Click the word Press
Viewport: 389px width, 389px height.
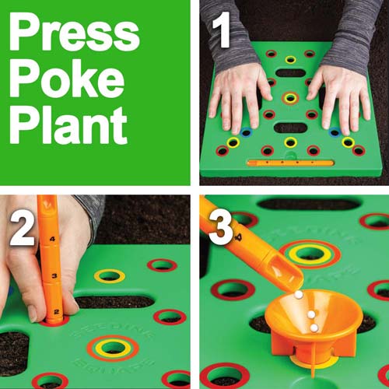click(75, 32)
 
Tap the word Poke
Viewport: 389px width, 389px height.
click(67, 79)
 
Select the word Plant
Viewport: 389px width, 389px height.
click(68, 124)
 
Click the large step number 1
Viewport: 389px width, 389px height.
click(221, 30)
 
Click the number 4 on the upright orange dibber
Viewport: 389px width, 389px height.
click(53, 239)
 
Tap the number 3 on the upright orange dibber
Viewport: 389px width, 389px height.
click(54, 275)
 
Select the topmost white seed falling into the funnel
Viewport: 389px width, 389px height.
click(299, 294)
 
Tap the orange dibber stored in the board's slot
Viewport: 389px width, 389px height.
click(290, 163)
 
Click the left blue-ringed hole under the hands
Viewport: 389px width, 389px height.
click(246, 133)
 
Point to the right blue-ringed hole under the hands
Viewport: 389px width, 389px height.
click(335, 132)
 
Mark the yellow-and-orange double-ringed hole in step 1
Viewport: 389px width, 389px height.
click(290, 99)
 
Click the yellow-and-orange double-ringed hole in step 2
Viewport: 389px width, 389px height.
click(113, 349)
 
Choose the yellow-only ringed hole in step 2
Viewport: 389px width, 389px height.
click(110, 275)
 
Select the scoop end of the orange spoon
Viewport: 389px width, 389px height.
click(286, 274)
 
